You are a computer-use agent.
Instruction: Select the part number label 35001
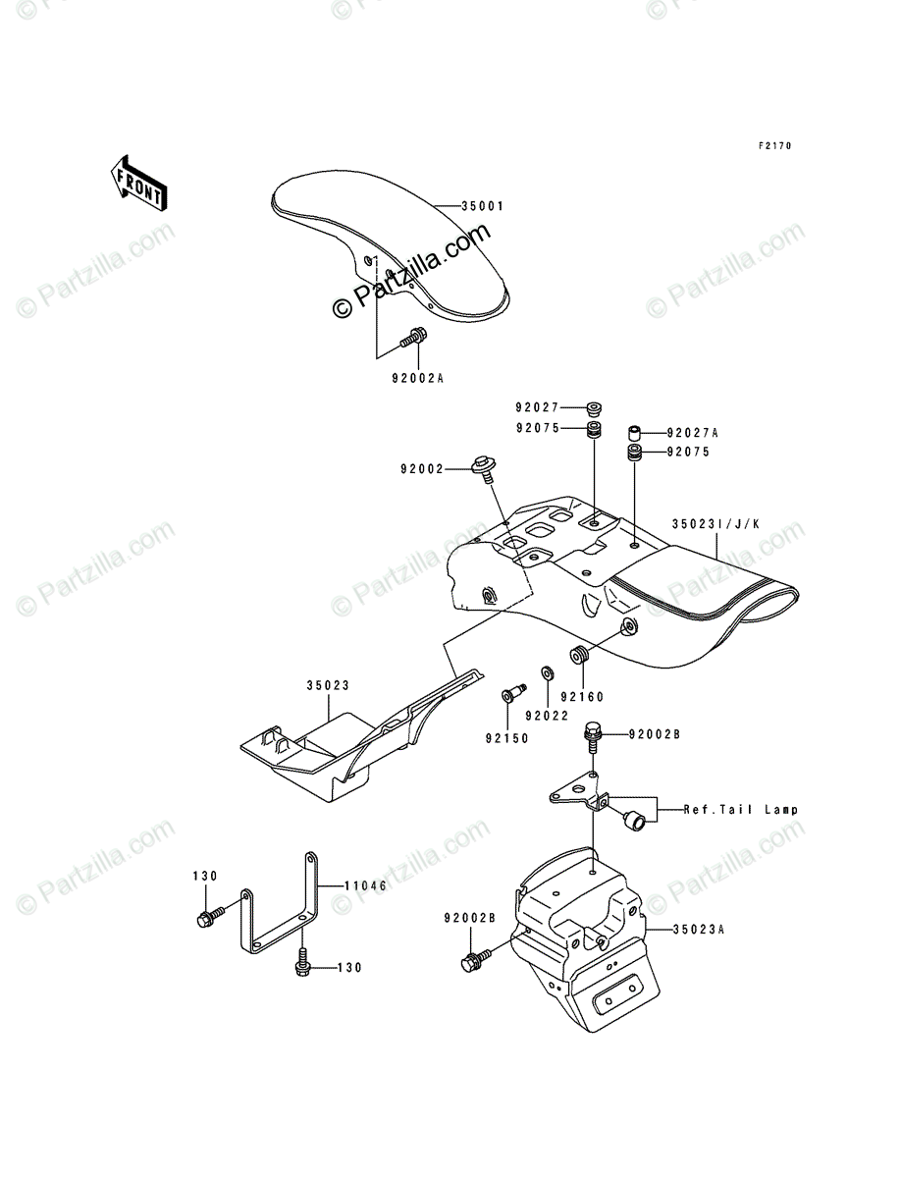pyautogui.click(x=483, y=207)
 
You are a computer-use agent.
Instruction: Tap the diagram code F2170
pyautogui.click(x=774, y=146)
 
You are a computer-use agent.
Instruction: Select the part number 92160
pyautogui.click(x=581, y=698)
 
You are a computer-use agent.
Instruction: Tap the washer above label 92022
pyautogui.click(x=547, y=673)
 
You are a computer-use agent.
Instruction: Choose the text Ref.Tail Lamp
pyautogui.click(x=741, y=810)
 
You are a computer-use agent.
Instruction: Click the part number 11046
pyautogui.click(x=365, y=884)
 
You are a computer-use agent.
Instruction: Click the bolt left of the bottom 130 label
pyautogui.click(x=303, y=965)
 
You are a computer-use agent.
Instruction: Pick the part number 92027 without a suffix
pyautogui.click(x=537, y=407)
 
